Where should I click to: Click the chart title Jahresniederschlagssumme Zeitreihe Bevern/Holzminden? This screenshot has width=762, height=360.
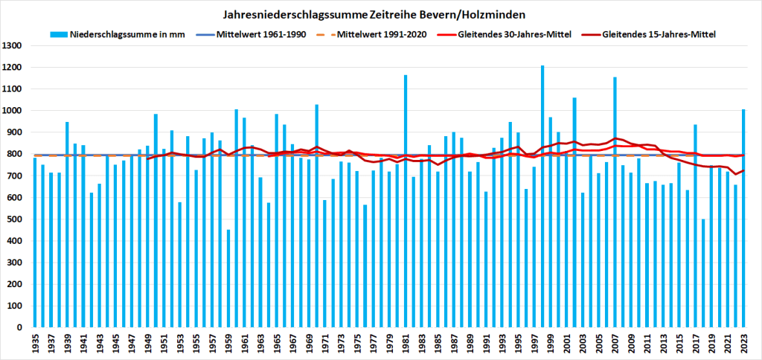tap(380, 14)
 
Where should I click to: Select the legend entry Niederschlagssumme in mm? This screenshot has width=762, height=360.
tap(120, 34)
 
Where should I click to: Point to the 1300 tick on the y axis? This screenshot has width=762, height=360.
tap(15, 46)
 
